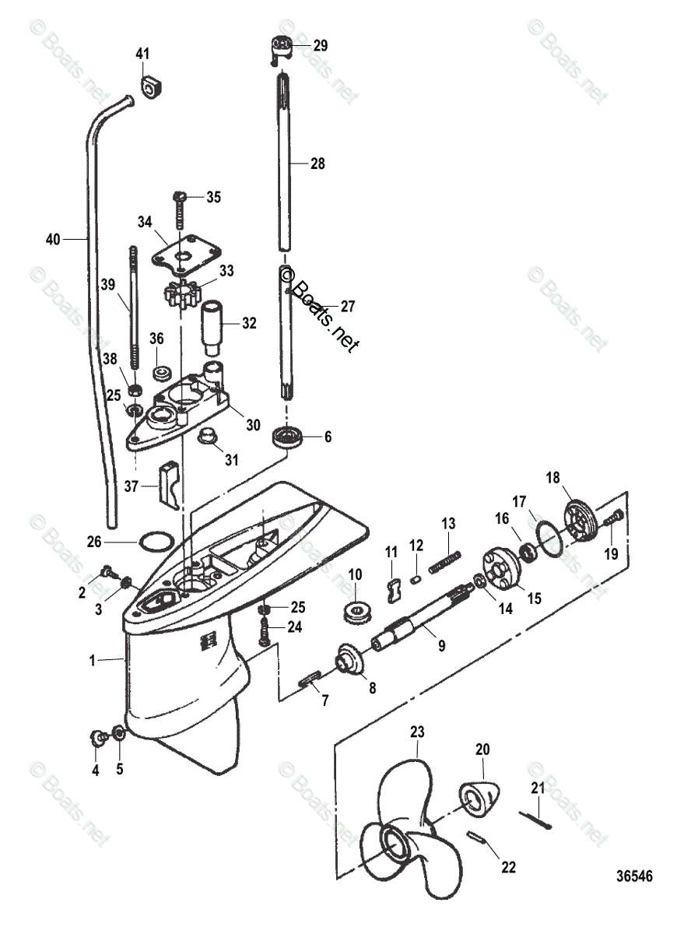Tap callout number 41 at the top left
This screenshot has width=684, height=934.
point(142,54)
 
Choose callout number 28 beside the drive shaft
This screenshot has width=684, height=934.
point(317,164)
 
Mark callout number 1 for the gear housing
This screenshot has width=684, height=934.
point(93,660)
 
